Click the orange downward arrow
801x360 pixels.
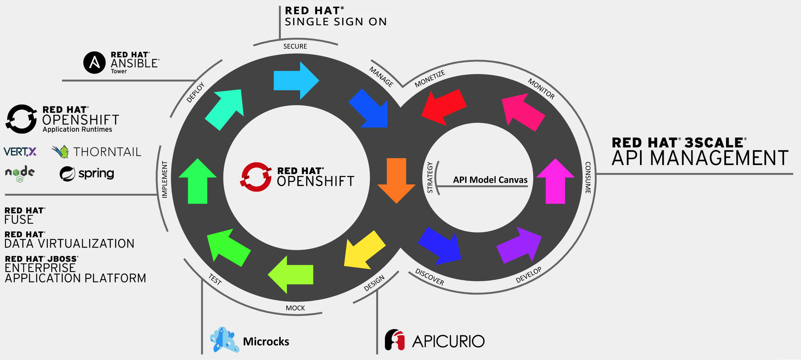tap(396, 179)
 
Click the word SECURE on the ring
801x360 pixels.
tap(295, 46)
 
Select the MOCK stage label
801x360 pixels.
tap(295, 308)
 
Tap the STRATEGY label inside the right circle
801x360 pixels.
tap(430, 178)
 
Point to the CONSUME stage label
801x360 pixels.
tap(588, 178)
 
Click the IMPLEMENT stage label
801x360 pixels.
tap(165, 179)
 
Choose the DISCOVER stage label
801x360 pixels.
tap(430, 277)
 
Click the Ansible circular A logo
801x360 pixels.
tap(95, 63)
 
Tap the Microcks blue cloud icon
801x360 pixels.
tap(224, 340)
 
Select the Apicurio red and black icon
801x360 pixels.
tap(395, 340)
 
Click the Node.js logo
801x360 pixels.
tap(20, 173)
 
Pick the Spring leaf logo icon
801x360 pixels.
tap(67, 174)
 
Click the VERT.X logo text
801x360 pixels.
tap(20, 152)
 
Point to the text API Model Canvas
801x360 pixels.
tap(490, 180)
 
